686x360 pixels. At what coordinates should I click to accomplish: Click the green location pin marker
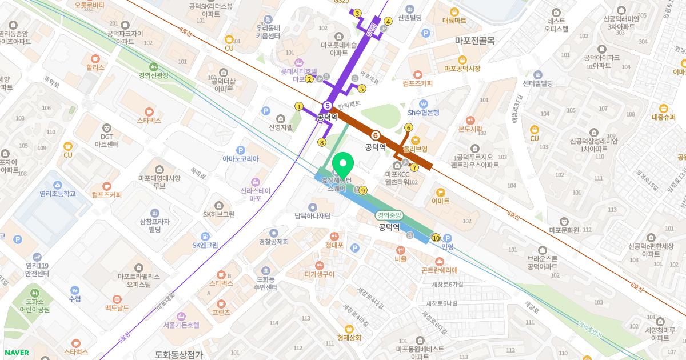(x=342, y=166)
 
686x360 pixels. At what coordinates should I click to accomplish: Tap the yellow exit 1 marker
(x=298, y=106)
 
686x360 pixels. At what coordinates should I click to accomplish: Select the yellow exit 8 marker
(x=322, y=143)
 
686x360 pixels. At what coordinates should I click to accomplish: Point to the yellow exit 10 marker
(x=436, y=238)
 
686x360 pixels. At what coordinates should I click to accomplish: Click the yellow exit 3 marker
(x=357, y=13)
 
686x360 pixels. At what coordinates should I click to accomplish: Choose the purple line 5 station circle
(x=327, y=106)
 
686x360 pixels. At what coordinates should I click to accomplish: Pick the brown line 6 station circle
(x=376, y=135)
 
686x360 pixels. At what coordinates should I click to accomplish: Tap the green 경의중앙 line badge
(x=389, y=215)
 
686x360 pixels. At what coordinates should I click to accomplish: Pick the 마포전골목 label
(x=474, y=41)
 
